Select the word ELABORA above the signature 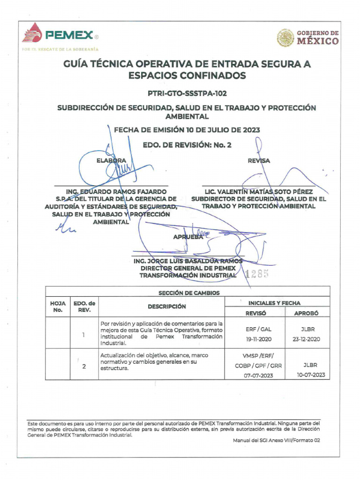point(111,161)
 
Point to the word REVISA point(259,161)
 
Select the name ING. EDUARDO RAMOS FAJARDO point(116,192)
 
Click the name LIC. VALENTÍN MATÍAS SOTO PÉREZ point(258,192)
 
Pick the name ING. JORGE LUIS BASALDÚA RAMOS point(188,261)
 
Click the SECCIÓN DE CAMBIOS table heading point(189,293)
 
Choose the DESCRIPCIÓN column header point(167,307)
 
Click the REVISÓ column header point(255,313)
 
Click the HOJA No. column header point(58,307)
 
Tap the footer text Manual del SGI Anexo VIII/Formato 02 point(276,440)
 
